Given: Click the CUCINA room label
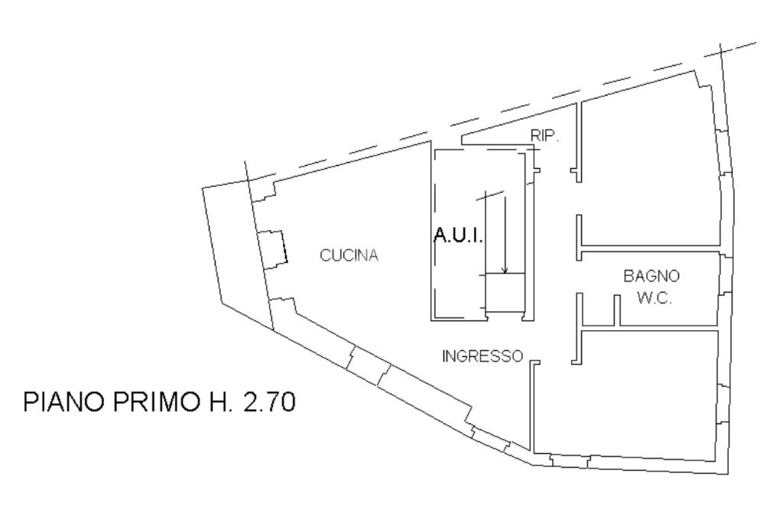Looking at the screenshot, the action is pos(349,256).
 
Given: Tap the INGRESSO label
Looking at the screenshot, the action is pos(482,356).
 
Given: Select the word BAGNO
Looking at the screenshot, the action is pos(651,275).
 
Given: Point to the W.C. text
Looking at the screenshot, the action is pos(654,299).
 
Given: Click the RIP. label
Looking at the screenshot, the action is pos(545,135).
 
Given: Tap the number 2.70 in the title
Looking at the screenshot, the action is pos(268,402).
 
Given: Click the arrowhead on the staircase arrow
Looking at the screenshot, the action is pos(505,269).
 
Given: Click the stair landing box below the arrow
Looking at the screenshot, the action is pos(505,293).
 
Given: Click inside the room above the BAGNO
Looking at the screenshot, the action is pos(650,176).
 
